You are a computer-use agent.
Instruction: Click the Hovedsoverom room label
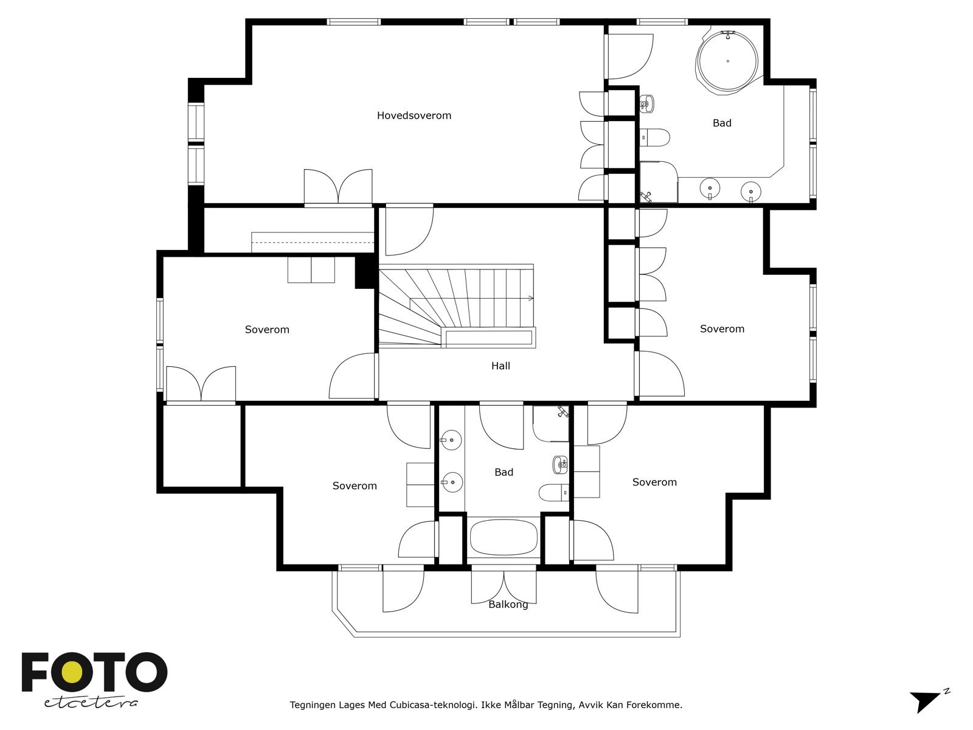[x=414, y=116]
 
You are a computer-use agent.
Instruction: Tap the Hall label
[x=500, y=366]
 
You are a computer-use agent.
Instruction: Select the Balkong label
[x=508, y=605]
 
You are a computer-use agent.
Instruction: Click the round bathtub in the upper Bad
[x=727, y=61]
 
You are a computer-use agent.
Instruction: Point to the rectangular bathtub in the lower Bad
[x=503, y=537]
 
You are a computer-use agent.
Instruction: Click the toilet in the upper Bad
[x=655, y=137]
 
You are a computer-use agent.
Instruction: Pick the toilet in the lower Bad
[x=553, y=492]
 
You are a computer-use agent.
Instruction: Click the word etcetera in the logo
[x=91, y=703]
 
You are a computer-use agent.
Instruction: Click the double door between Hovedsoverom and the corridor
[x=338, y=189]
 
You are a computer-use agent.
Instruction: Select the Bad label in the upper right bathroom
[x=722, y=123]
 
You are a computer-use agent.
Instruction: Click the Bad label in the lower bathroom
[x=504, y=473]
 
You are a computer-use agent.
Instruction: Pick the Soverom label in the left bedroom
[x=267, y=330]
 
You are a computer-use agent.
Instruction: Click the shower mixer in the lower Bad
[x=563, y=411]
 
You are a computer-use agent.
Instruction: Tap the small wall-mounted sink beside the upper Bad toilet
[x=647, y=103]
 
